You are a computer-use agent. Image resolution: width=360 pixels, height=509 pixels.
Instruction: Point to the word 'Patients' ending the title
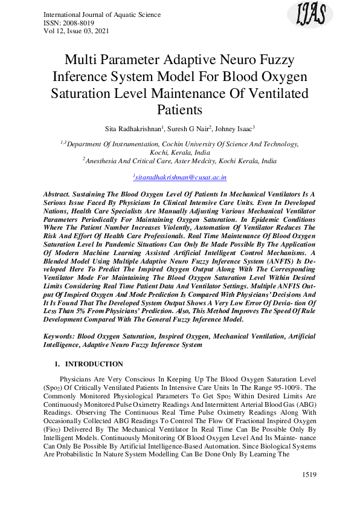point(180,110)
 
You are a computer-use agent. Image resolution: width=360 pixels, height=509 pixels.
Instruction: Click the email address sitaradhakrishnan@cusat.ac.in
point(180,178)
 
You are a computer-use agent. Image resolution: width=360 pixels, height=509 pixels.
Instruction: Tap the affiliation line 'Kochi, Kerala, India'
point(180,153)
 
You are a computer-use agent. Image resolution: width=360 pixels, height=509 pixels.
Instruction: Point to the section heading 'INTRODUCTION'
point(94,364)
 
